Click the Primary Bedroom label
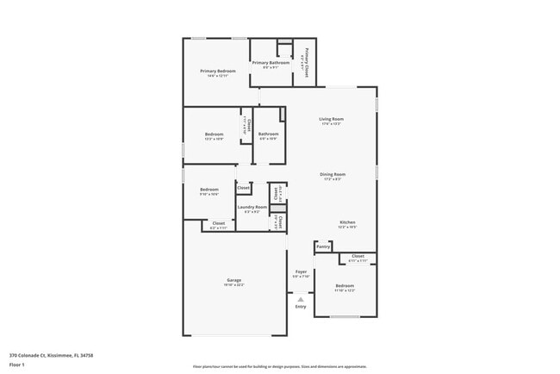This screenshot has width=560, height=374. tap(218, 71)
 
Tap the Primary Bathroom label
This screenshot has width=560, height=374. tap(270, 63)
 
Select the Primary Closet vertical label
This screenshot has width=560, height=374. tap(307, 63)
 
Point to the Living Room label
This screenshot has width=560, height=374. tap(331, 119)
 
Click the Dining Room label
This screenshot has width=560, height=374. tap(332, 175)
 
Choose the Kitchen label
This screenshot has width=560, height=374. tap(346, 222)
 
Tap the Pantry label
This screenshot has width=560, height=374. tap(323, 246)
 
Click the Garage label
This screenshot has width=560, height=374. tap(233, 280)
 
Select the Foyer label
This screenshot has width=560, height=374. tap(300, 271)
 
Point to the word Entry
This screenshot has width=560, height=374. tap(300, 307)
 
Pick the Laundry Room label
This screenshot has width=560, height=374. tap(252, 207)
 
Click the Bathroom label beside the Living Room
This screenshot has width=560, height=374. tap(268, 134)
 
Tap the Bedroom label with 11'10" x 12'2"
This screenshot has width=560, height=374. tap(345, 285)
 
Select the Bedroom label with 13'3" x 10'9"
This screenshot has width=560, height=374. tap(215, 134)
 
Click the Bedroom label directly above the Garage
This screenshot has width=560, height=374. tap(209, 189)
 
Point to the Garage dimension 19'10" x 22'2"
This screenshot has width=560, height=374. tap(233, 285)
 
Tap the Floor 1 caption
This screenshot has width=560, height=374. tap(17, 365)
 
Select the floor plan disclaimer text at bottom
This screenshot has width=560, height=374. tap(279, 365)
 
